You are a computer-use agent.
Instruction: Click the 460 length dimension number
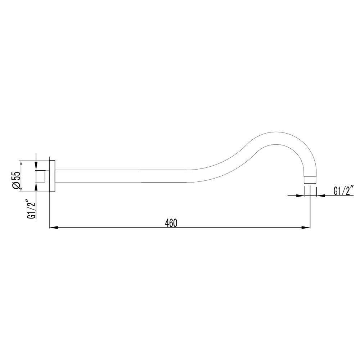coord(171,223)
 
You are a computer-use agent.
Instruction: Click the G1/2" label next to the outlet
coord(343,191)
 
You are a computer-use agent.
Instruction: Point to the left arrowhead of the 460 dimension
coord(53,228)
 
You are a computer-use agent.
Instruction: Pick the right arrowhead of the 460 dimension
coord(306,228)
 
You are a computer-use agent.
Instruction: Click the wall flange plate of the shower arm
coord(52,176)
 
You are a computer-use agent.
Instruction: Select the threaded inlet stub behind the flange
coord(40,176)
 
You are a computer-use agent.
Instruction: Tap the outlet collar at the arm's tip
coord(310,180)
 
